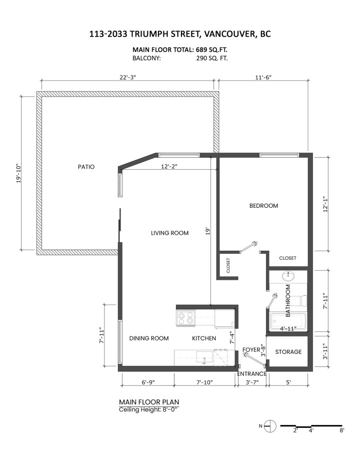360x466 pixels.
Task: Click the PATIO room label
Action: pyautogui.click(x=86, y=167)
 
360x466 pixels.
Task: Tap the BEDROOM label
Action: pyautogui.click(x=263, y=206)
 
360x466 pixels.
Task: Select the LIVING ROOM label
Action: pyautogui.click(x=169, y=233)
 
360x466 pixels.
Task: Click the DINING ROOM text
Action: pyautogui.click(x=149, y=338)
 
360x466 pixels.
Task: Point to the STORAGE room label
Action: pyautogui.click(x=288, y=352)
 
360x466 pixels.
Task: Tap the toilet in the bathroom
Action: pyautogui.click(x=301, y=301)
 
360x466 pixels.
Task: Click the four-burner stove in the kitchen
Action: pyautogui.click(x=186, y=318)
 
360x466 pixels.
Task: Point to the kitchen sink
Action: pyautogui.click(x=204, y=357)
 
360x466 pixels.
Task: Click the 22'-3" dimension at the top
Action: pyautogui.click(x=127, y=77)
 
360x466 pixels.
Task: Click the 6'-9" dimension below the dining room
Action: pyautogui.click(x=148, y=382)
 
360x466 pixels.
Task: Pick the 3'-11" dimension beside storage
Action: pyautogui.click(x=326, y=351)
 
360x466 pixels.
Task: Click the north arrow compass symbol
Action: pyautogui.click(x=270, y=426)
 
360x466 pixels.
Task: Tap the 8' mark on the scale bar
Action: pyautogui.click(x=341, y=430)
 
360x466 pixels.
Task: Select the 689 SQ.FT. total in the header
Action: pyautogui.click(x=212, y=50)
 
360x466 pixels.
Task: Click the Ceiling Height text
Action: pyautogui.click(x=148, y=409)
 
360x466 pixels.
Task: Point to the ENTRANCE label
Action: pyautogui.click(x=251, y=374)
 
